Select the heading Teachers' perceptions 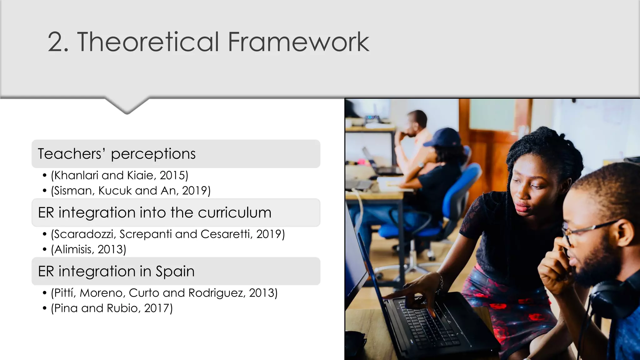tap(117, 154)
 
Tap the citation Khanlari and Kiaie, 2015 tap(120, 175)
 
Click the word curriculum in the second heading tap(234, 212)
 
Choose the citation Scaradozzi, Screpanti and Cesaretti tap(168, 234)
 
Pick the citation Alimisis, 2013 tap(88, 249)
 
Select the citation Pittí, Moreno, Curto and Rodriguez tap(164, 293)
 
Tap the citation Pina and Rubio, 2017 tap(112, 308)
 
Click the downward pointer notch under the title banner tap(127, 106)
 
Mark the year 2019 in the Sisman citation tap(195, 191)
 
